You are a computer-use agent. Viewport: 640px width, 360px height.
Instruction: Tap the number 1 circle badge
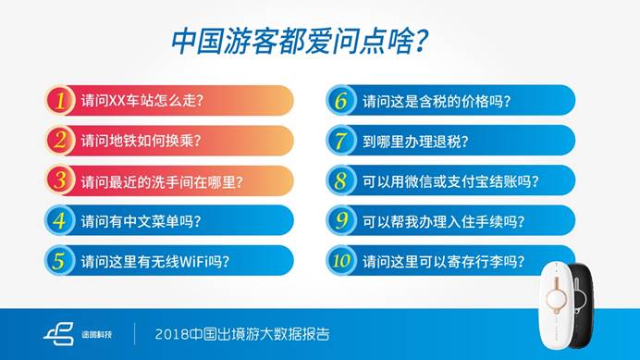pos(60,100)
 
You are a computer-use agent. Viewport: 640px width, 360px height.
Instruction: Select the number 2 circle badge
pos(60,140)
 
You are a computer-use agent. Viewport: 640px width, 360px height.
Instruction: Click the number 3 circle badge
pos(60,180)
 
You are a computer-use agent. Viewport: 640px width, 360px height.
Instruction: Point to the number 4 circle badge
pos(60,220)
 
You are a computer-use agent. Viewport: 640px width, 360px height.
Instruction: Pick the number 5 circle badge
pos(60,260)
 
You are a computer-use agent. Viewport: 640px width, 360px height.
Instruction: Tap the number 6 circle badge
pos(341,100)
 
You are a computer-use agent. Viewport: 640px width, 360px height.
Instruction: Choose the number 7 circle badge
pos(341,140)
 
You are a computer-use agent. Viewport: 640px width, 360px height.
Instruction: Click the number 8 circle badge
pos(341,180)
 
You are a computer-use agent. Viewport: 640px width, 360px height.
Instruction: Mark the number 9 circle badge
pos(341,220)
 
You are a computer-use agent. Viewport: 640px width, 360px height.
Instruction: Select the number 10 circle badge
pos(341,260)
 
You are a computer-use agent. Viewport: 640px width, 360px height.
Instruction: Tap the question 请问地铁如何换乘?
pos(141,140)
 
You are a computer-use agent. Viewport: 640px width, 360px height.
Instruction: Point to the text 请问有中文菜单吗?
pos(141,220)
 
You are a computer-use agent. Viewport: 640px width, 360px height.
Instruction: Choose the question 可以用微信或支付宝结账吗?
pos(449,180)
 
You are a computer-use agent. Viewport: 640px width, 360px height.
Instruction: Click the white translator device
pos(558,305)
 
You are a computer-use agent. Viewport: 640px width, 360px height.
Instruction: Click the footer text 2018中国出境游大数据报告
pos(242,332)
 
